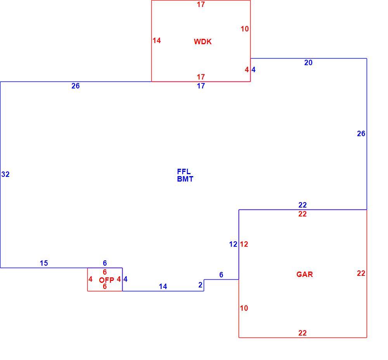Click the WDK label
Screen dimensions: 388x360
203,42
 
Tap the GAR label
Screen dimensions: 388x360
305,274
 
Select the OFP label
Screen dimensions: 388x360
106,280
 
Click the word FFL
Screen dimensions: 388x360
184,171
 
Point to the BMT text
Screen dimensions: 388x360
185,179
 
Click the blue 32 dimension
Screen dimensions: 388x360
5,175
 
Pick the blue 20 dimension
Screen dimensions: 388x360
308,62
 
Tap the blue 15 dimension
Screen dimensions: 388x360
44,263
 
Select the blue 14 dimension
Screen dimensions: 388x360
163,287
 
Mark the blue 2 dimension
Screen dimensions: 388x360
201,285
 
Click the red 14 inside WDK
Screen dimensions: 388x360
157,41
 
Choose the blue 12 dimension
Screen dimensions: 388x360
233,244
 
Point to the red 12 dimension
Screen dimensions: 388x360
244,244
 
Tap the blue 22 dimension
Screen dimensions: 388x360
302,205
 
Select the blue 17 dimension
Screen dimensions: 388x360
201,86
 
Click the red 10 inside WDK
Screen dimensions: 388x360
245,29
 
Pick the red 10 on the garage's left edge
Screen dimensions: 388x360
244,308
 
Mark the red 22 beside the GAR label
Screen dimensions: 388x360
361,273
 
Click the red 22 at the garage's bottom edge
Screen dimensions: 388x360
302,333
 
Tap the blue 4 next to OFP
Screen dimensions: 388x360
125,279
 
